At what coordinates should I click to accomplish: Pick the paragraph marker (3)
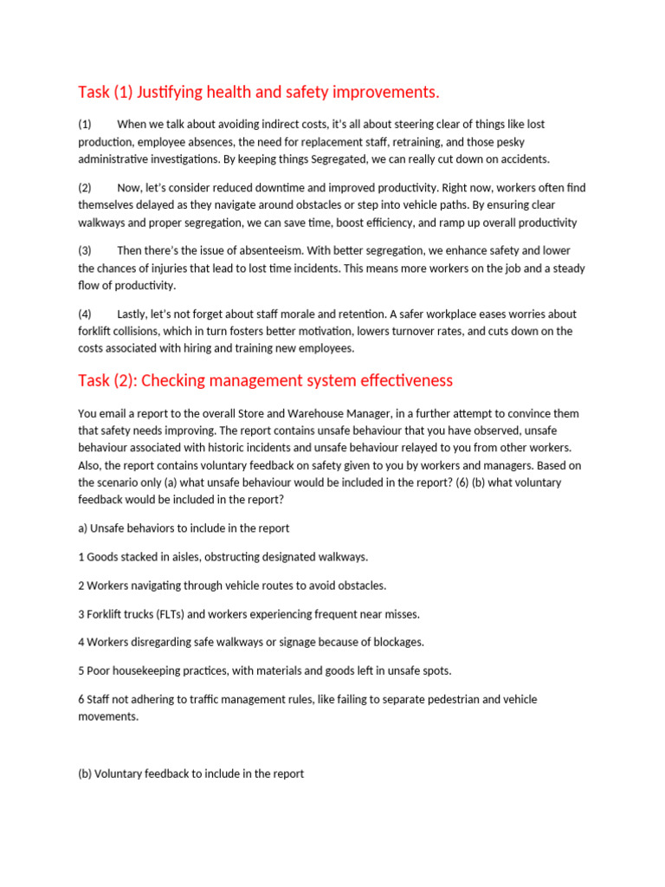pyautogui.click(x=85, y=250)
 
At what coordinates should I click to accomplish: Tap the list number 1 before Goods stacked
pyautogui.click(x=81, y=557)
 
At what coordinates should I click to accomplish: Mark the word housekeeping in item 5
pyautogui.click(x=147, y=670)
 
